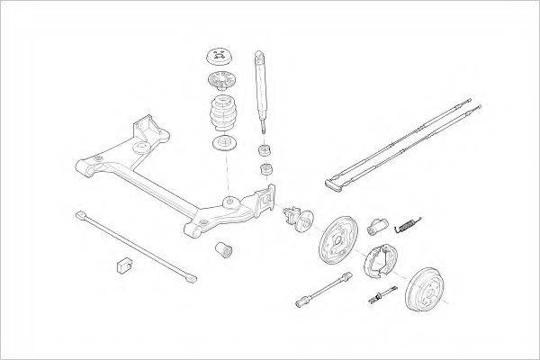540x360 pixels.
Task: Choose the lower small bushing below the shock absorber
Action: point(266,170)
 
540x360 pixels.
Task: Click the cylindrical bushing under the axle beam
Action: point(225,247)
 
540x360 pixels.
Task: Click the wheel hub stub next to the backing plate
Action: point(297,217)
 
